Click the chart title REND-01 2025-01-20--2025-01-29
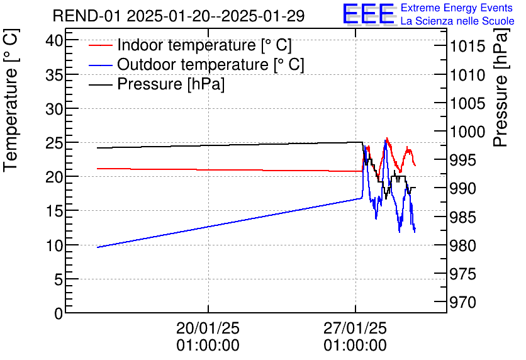point(179,16)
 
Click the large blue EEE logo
point(368,14)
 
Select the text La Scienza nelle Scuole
point(457,21)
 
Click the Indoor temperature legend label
point(204,45)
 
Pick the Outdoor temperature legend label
point(211,65)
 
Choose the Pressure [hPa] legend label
point(171,84)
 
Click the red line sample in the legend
point(101,45)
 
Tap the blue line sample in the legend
point(101,65)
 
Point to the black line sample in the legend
point(101,84)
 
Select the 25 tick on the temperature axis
point(55,143)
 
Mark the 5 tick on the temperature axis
point(59,279)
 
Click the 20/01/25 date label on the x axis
point(208,329)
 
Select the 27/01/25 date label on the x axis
point(355,329)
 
